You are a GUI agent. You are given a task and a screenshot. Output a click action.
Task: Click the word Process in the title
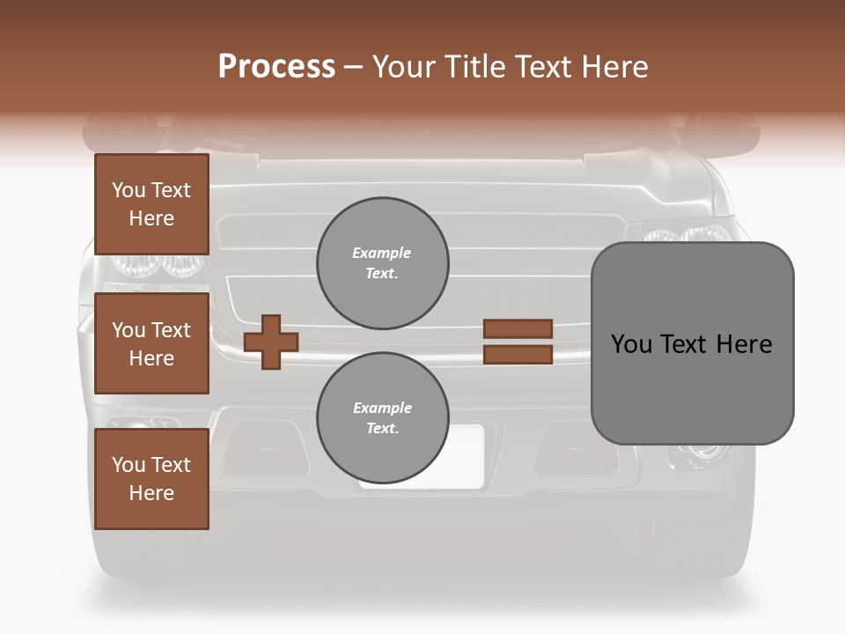pyautogui.click(x=276, y=67)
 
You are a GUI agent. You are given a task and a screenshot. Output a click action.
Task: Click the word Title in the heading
pyautogui.click(x=472, y=67)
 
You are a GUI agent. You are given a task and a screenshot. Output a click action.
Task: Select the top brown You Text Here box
pyautogui.click(x=151, y=204)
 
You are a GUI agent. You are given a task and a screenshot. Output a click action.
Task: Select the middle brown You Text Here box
pyautogui.click(x=151, y=343)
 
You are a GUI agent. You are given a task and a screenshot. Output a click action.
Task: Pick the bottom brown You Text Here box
pyautogui.click(x=151, y=479)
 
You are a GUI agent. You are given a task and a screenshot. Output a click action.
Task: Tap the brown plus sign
pyautogui.click(x=271, y=342)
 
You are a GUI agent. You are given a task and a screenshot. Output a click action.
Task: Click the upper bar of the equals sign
pyautogui.click(x=518, y=329)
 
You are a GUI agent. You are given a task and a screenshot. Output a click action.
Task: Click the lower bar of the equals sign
pyautogui.click(x=518, y=355)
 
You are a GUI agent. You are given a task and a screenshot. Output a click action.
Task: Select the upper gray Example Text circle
pyautogui.click(x=382, y=263)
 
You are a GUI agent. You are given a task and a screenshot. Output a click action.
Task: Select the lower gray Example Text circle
pyautogui.click(x=382, y=417)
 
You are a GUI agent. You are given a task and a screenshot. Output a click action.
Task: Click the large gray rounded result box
pyautogui.click(x=692, y=343)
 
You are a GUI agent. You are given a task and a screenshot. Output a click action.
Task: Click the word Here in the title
pyautogui.click(x=614, y=67)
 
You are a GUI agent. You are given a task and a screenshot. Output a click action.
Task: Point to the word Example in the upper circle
pyautogui.click(x=382, y=254)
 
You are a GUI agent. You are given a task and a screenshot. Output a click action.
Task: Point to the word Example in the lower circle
pyautogui.click(x=382, y=408)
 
